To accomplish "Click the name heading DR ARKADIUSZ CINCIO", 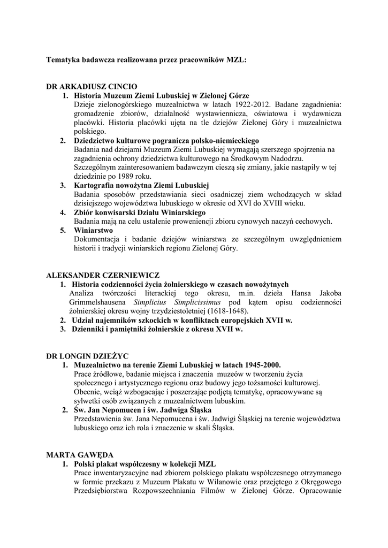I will (x=92, y=86).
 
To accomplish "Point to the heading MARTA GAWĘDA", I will (x=79, y=454).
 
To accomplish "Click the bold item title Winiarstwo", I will (x=93, y=230).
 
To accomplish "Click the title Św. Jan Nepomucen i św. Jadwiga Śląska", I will (x=143, y=410).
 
